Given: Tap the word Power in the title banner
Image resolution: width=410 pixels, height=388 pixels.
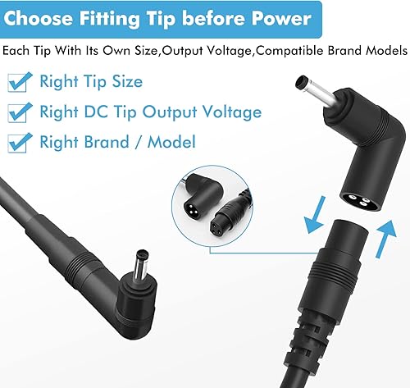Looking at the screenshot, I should tap(280, 18).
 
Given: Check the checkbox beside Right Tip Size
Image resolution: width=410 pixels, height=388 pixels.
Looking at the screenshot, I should tap(16, 82).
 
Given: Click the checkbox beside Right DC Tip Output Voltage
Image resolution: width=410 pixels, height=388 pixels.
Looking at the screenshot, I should tap(16, 112).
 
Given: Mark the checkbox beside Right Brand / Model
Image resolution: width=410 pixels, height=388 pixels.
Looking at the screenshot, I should tap(16, 142).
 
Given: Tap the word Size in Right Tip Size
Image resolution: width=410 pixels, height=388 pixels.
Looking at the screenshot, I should tap(125, 82).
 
